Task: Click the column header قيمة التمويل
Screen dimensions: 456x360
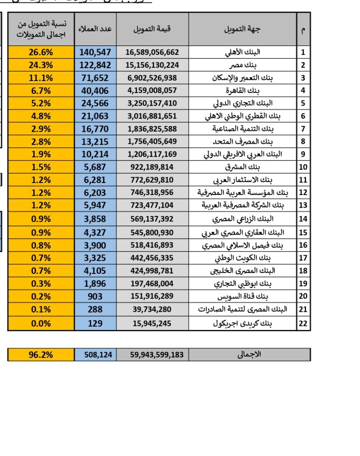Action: [152, 29]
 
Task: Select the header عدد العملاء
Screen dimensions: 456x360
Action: [95, 29]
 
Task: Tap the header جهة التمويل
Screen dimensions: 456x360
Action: [243, 29]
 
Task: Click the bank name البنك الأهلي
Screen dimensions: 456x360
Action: [243, 52]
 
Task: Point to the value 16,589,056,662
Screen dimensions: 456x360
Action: [152, 52]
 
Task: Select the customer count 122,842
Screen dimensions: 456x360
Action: [95, 65]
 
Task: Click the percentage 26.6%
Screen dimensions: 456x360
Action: [41, 52]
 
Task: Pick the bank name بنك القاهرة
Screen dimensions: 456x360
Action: [243, 91]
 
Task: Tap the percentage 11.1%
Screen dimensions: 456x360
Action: [41, 78]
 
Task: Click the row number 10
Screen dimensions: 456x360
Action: [303, 167]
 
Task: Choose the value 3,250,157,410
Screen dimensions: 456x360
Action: [152, 103]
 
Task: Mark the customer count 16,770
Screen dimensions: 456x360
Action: [95, 129]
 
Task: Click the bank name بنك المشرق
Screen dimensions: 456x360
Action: [243, 167]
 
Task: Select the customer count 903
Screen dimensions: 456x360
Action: [95, 297]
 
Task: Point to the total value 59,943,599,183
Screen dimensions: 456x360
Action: [152, 355]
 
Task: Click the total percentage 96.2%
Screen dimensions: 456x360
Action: [41, 355]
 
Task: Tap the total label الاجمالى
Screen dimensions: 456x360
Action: [249, 354]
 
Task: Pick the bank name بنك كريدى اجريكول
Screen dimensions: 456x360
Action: [243, 324]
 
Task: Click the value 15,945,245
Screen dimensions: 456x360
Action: [152, 324]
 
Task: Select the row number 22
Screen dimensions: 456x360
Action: [303, 324]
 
